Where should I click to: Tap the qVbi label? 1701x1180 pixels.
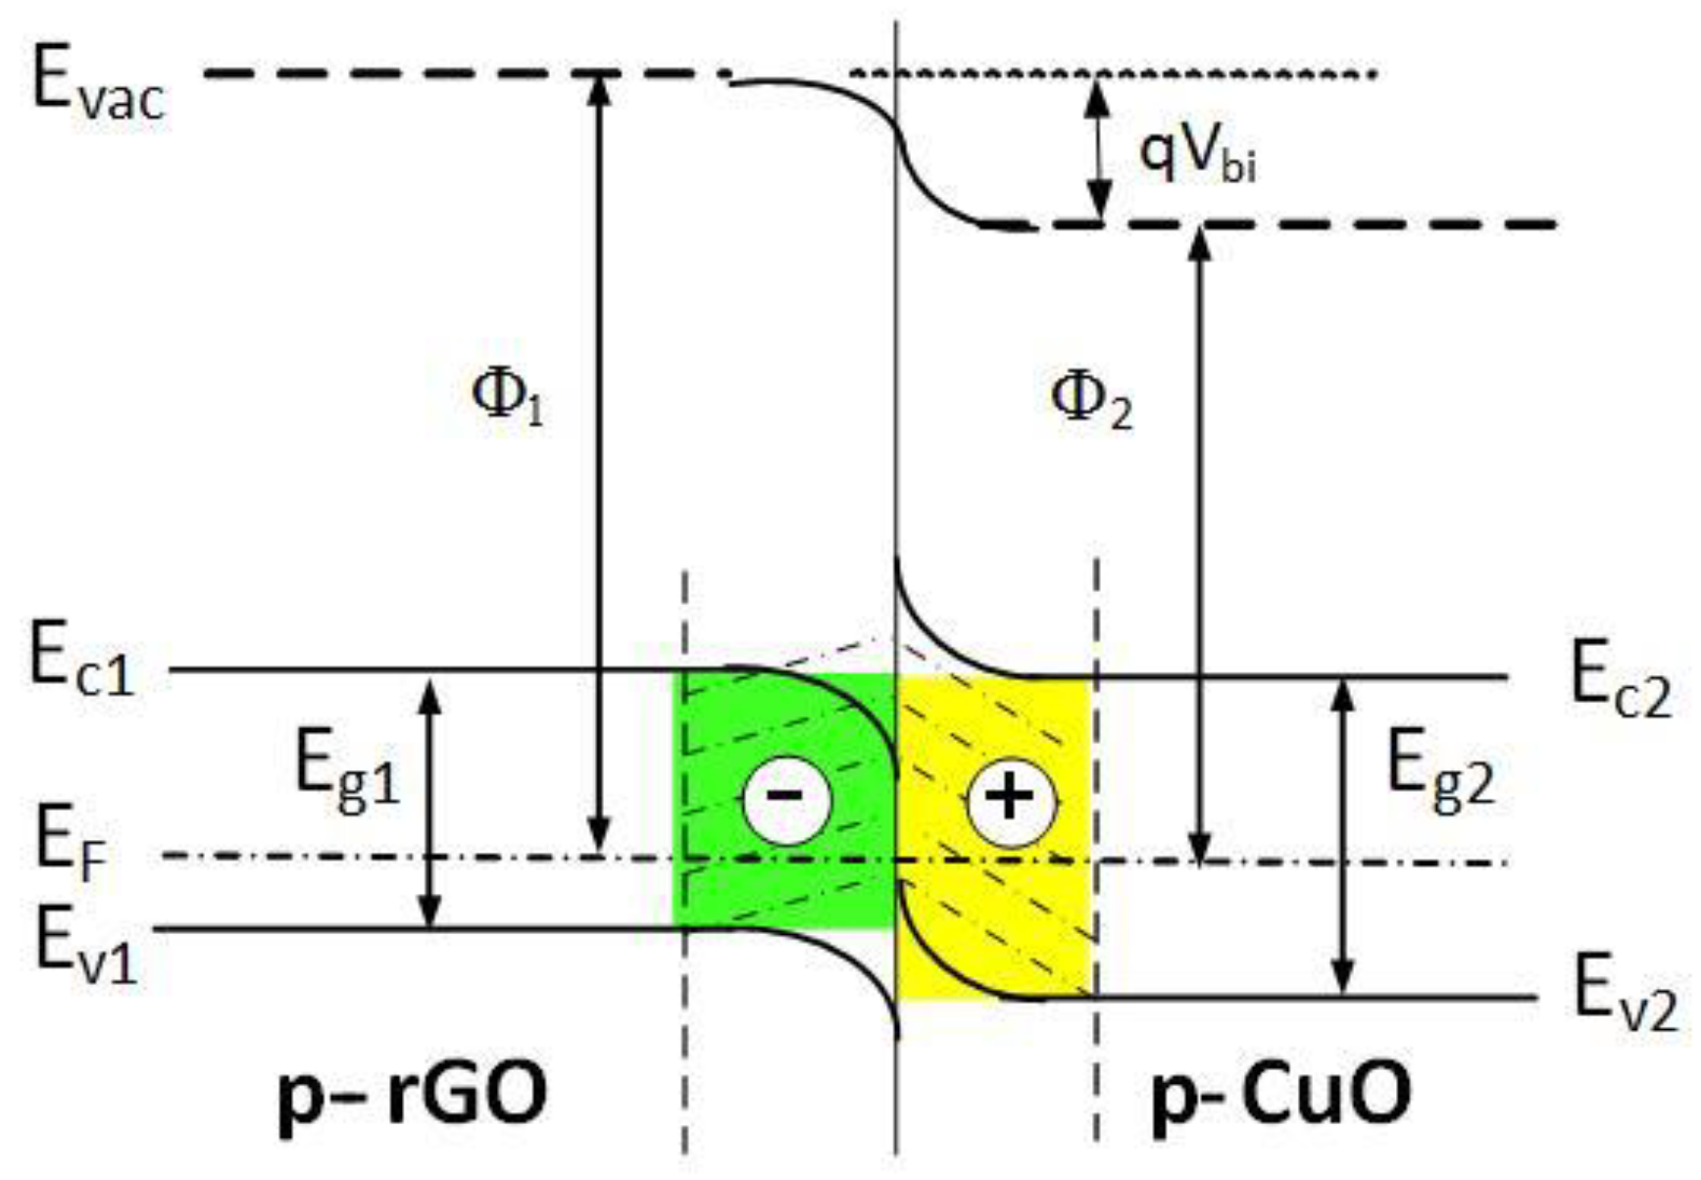tap(1196, 157)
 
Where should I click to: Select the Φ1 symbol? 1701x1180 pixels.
tap(507, 397)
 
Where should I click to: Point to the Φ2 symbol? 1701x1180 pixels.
tap(1090, 402)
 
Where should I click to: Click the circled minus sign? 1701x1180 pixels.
tap(786, 799)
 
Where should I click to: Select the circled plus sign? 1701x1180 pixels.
tap(1011, 799)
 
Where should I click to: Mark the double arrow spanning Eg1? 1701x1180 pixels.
tap(428, 803)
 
